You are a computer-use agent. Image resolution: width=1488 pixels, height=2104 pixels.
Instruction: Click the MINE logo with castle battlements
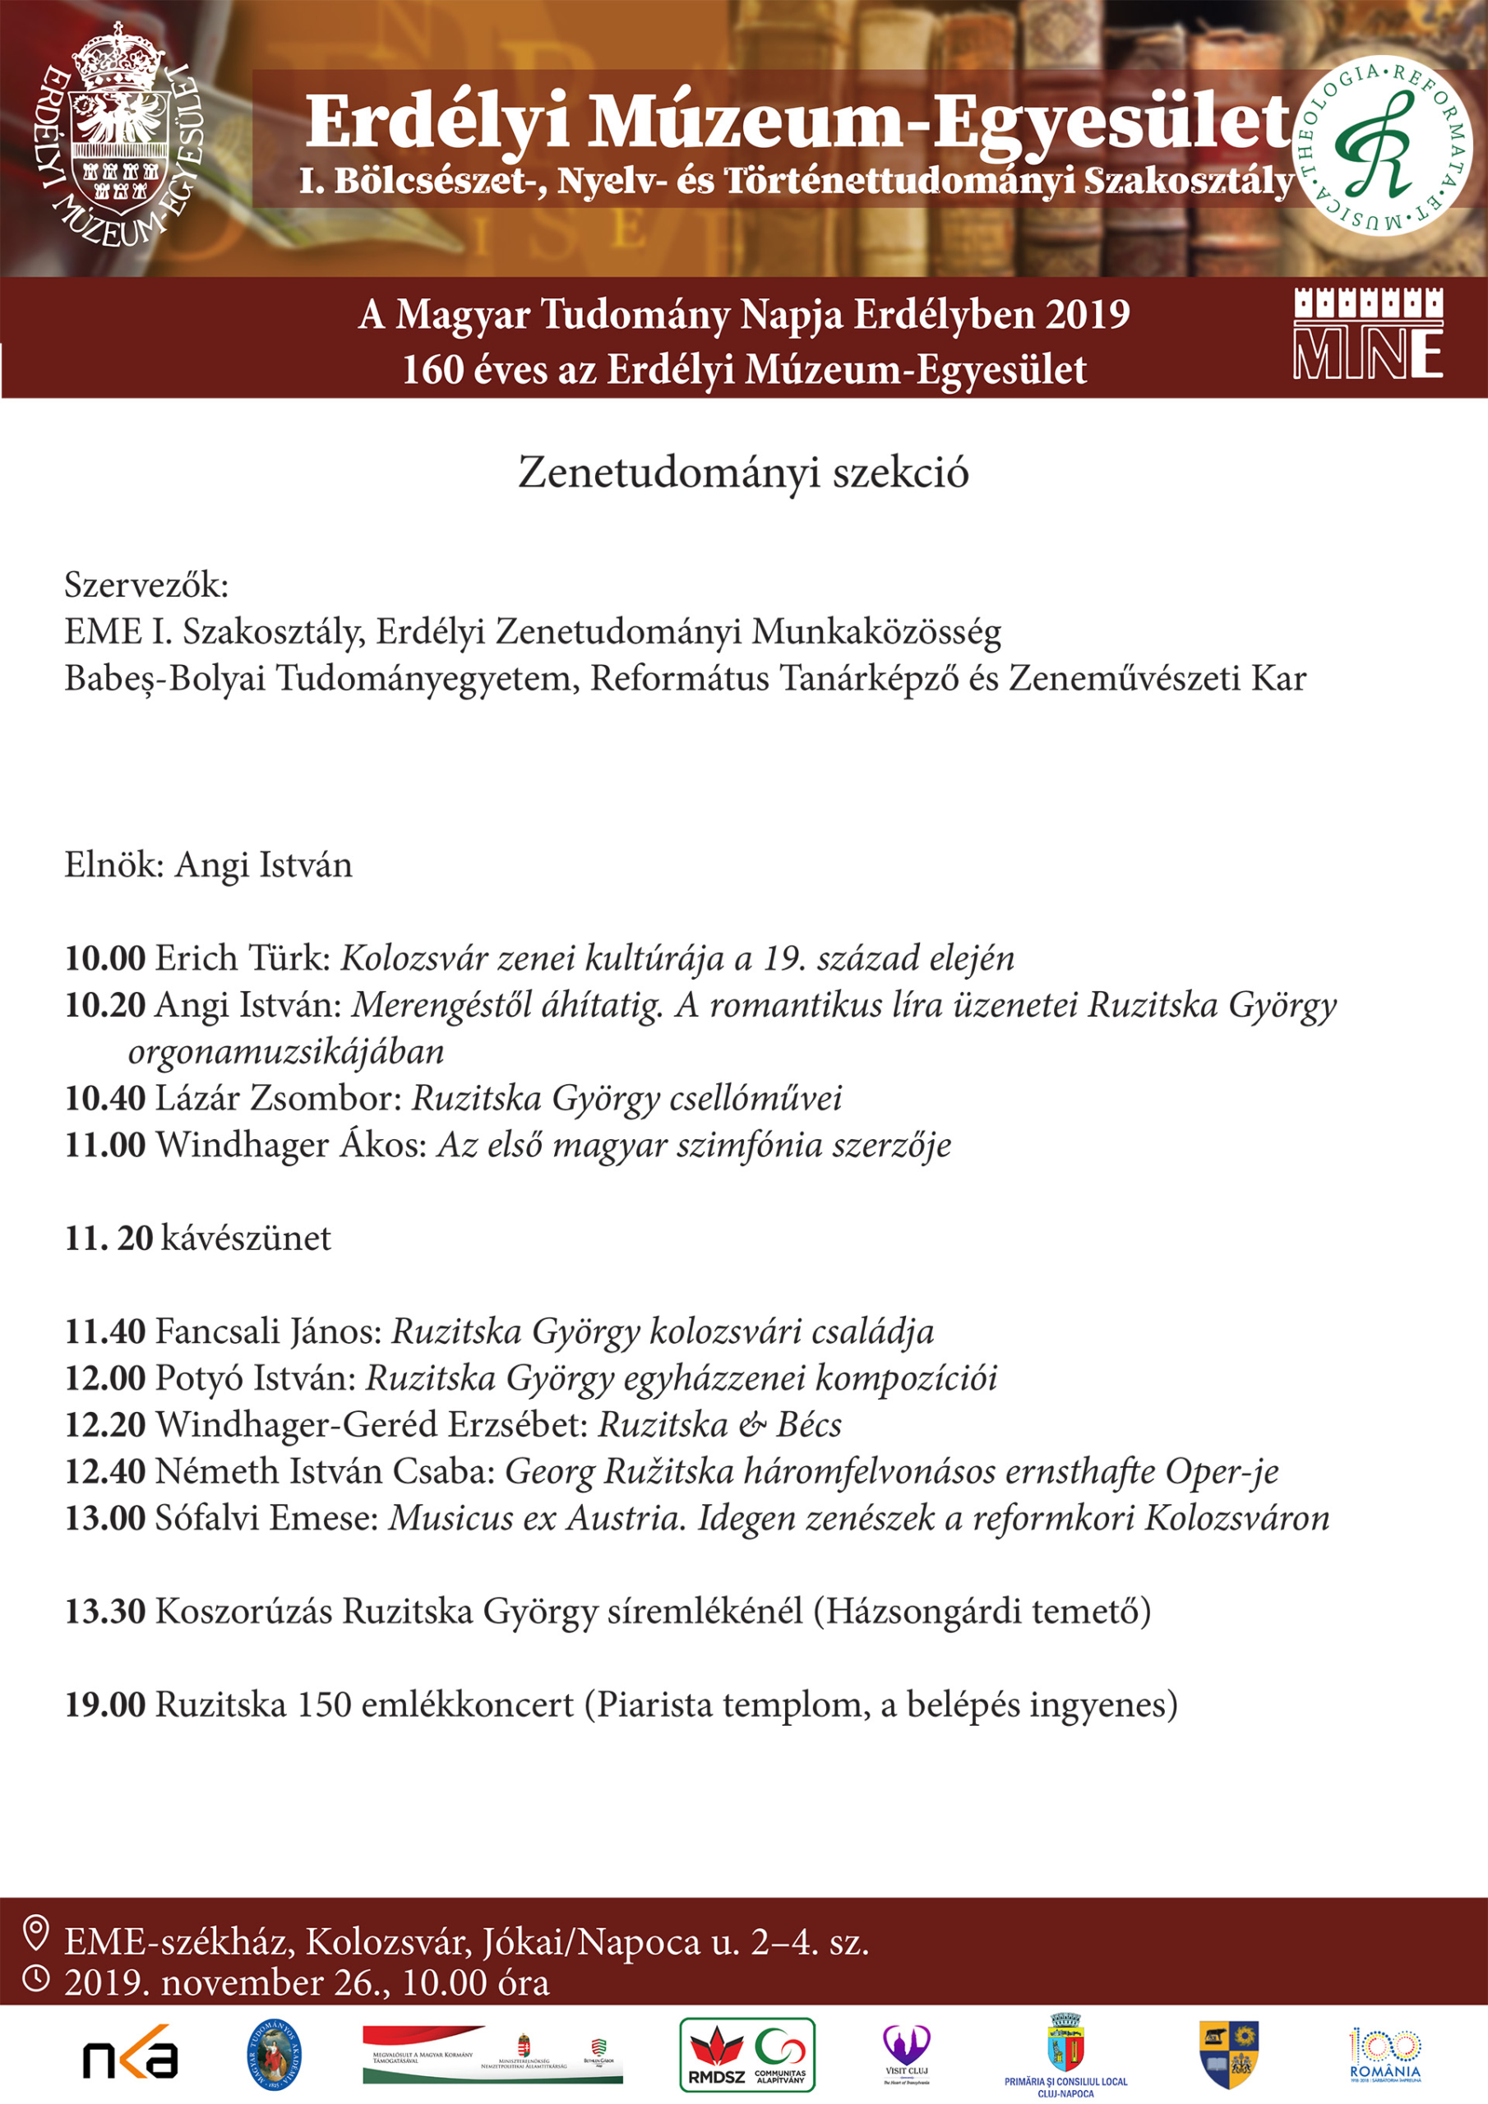(x=1368, y=334)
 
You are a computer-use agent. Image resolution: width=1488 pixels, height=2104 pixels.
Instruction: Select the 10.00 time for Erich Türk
(x=104, y=958)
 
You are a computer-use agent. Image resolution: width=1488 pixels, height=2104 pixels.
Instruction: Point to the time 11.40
(x=104, y=1331)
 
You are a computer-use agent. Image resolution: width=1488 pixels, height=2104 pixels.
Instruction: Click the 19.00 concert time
(x=104, y=1705)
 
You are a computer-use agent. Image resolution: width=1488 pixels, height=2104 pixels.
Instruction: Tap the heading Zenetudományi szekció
(x=743, y=473)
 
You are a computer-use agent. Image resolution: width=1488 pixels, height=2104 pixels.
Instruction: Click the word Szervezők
(x=146, y=584)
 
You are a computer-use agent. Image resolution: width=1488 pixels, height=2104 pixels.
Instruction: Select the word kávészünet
(x=246, y=1238)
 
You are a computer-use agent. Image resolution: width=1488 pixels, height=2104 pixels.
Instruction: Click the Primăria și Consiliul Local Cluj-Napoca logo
(x=1065, y=2054)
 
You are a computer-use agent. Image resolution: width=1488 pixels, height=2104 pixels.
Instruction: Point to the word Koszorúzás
(x=243, y=1611)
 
